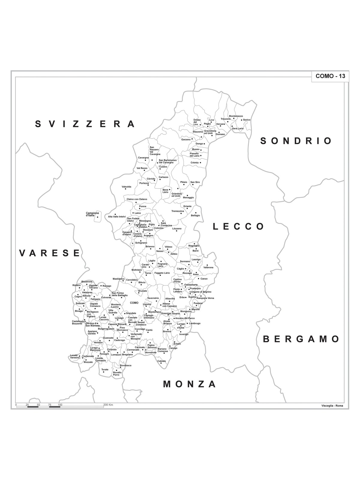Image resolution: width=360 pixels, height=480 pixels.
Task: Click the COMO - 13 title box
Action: [330, 76]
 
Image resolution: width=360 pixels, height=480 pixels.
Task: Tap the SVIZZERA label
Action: [85, 124]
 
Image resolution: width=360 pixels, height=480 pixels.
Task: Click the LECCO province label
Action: [238, 226]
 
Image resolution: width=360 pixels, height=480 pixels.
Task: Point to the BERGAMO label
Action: [301, 339]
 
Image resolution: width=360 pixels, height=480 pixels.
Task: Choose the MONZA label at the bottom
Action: [190, 384]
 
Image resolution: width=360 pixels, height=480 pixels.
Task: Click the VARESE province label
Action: [50, 253]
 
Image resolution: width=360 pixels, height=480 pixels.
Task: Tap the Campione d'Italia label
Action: [92, 214]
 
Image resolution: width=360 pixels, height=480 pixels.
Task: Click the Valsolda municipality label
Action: [126, 187]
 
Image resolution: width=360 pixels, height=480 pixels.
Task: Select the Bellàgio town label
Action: [195, 215]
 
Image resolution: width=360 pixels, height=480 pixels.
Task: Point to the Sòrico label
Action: [247, 120]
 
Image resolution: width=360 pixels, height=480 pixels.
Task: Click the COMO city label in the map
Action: [134, 303]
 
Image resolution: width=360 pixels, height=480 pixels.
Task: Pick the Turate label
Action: [105, 369]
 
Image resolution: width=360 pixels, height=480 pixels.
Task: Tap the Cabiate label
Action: [162, 361]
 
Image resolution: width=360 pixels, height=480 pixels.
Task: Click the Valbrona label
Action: [208, 267]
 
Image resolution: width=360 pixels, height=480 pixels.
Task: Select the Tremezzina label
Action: [178, 211]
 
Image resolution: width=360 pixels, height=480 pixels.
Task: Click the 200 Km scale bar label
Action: [108, 405]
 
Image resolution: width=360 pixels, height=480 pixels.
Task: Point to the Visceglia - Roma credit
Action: [332, 406]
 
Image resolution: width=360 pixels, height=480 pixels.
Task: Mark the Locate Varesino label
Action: [75, 356]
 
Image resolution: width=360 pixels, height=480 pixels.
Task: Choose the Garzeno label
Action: [186, 139]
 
